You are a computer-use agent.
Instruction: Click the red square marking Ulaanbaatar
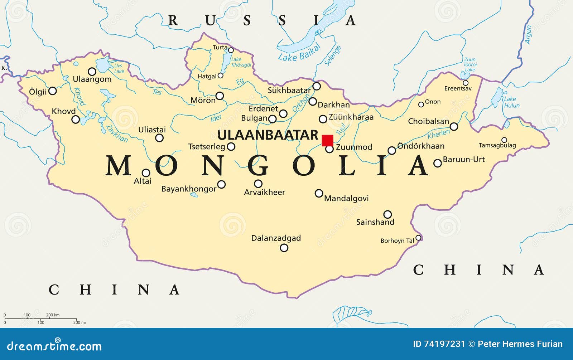pyautogui.click(x=327, y=140)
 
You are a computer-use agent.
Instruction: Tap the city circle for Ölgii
pyautogui.click(x=52, y=91)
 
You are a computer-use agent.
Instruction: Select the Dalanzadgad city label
pyautogui.click(x=276, y=238)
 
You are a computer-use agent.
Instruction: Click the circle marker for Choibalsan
pyautogui.click(x=454, y=126)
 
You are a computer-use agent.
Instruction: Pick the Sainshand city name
pyautogui.click(x=375, y=222)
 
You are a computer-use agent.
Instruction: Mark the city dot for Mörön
pyautogui.click(x=220, y=96)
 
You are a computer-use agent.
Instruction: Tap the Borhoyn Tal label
pyautogui.click(x=397, y=241)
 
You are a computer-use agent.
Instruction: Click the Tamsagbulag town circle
pyautogui.click(x=504, y=140)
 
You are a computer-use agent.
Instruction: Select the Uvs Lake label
pyautogui.click(x=119, y=68)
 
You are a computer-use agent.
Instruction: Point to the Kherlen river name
pyautogui.click(x=438, y=134)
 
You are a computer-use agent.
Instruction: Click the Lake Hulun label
pyautogui.click(x=511, y=102)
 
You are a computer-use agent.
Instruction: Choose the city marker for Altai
pyautogui.click(x=146, y=173)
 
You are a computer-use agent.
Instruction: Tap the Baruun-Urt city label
pyautogui.click(x=464, y=159)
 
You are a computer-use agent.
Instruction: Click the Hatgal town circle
pyautogui.click(x=221, y=76)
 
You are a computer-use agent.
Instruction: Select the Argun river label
pyautogui.click(x=528, y=34)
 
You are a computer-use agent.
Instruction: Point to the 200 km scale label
pyautogui.click(x=53, y=315)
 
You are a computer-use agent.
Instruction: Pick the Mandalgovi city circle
pyautogui.click(x=319, y=193)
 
